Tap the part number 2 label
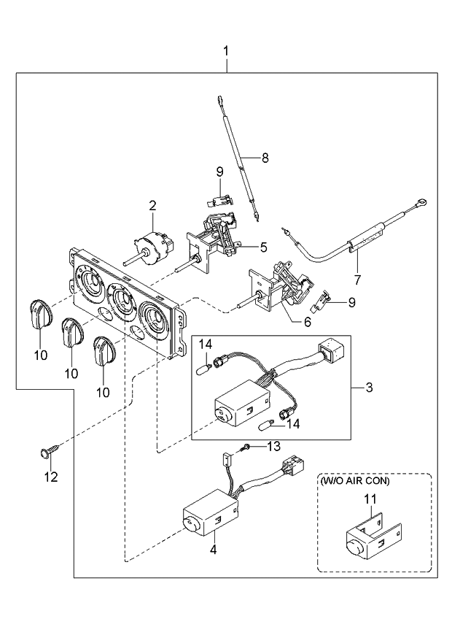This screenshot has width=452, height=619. pyautogui.click(x=152, y=207)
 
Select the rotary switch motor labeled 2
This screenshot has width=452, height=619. pyautogui.click(x=151, y=249)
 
